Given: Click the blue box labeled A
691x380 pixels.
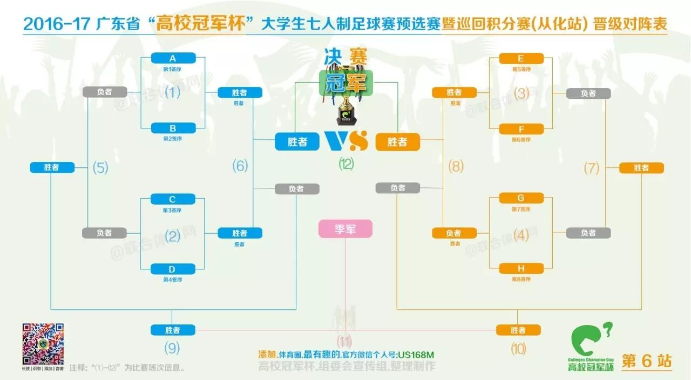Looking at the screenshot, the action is [173, 58].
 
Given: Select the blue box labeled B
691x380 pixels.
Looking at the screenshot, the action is [173, 128].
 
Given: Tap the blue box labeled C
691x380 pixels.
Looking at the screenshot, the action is [173, 199].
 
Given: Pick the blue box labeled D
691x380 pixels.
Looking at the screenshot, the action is [173, 269].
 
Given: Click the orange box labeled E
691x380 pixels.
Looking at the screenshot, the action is [521, 58].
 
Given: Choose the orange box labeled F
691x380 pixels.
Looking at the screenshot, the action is [521, 129].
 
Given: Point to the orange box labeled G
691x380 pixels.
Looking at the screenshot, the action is [521, 198].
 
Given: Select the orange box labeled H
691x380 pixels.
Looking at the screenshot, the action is [521, 268].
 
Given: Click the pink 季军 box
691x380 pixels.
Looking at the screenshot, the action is [345, 229].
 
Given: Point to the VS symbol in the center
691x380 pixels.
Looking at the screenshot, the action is [346, 141].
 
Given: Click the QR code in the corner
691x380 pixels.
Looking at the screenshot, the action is [43, 344].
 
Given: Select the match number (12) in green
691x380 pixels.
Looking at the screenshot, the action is [346, 164].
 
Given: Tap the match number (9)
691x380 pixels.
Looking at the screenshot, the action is [172, 348].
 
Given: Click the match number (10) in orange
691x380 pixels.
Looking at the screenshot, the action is [518, 349].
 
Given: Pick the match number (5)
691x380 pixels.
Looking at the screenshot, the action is [100, 167].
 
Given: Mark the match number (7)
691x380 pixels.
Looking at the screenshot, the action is [592, 168].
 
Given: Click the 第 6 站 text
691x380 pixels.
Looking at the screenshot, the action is [647, 361].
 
